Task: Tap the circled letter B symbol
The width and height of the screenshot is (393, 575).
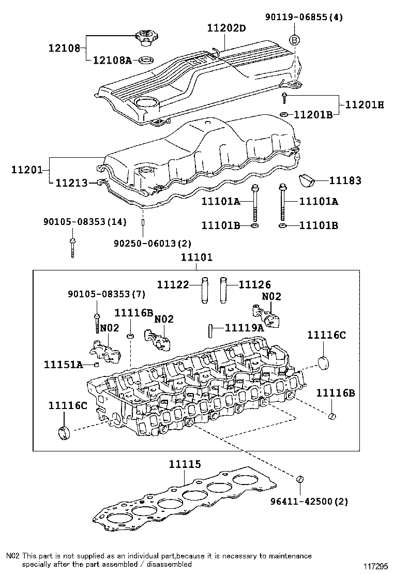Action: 294,40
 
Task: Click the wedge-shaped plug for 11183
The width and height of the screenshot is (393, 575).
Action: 308,180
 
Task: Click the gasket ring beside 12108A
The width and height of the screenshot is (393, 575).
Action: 146,60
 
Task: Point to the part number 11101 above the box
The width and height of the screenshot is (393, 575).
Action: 196,257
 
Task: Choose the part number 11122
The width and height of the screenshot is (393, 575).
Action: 174,285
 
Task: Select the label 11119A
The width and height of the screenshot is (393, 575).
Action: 245,327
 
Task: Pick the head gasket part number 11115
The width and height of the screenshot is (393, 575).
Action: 185,465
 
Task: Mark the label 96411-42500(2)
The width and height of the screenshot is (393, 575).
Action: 309,502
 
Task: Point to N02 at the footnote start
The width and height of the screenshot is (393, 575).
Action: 13,556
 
